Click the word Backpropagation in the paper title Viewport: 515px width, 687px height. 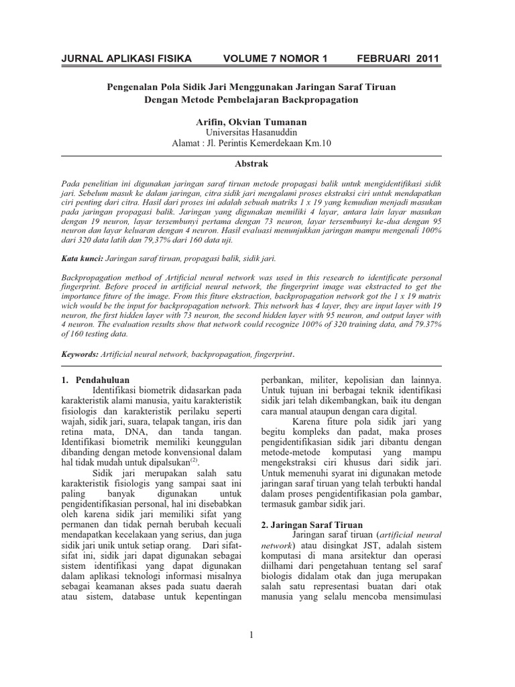[321, 99]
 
